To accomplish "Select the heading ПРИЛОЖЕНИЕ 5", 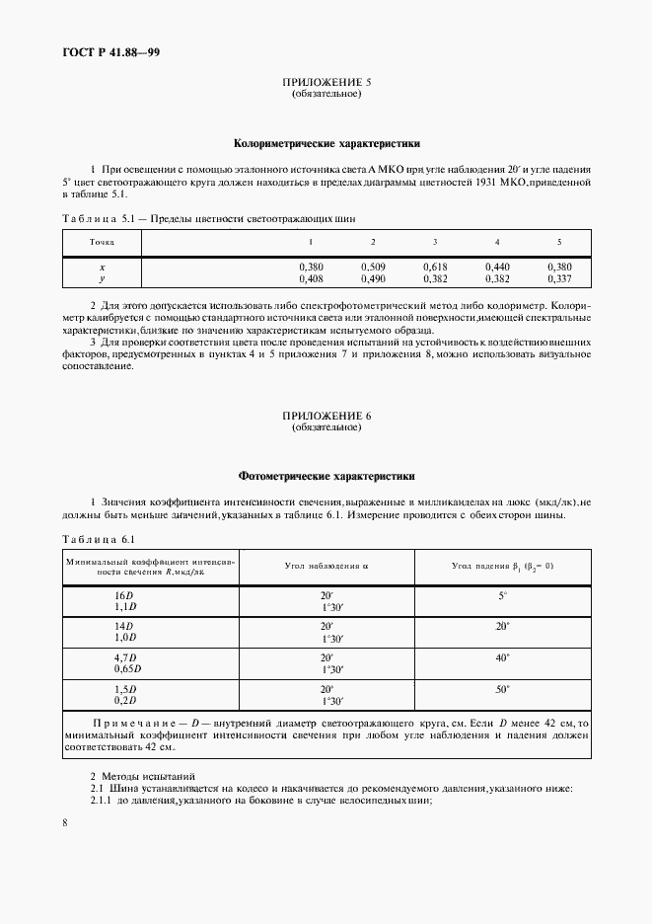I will (x=326, y=84).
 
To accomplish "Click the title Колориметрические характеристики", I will (x=326, y=142).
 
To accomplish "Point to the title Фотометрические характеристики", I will (x=326, y=476).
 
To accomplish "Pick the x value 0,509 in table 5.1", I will (x=373, y=267).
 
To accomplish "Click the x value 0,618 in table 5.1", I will (x=435, y=267).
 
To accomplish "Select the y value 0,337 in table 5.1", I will (x=559, y=278).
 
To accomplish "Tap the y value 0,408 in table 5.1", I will (x=311, y=278).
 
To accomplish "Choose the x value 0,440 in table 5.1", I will (x=497, y=267).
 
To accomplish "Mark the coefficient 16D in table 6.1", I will (x=124, y=596).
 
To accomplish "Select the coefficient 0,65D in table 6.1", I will (x=127, y=668).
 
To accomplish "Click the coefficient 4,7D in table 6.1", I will (x=125, y=656).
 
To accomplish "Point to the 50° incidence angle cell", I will (x=502, y=687).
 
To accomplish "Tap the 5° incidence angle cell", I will (x=502, y=596).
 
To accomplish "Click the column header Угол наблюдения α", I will (x=326, y=566).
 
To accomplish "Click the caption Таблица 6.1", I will (x=99, y=538).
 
